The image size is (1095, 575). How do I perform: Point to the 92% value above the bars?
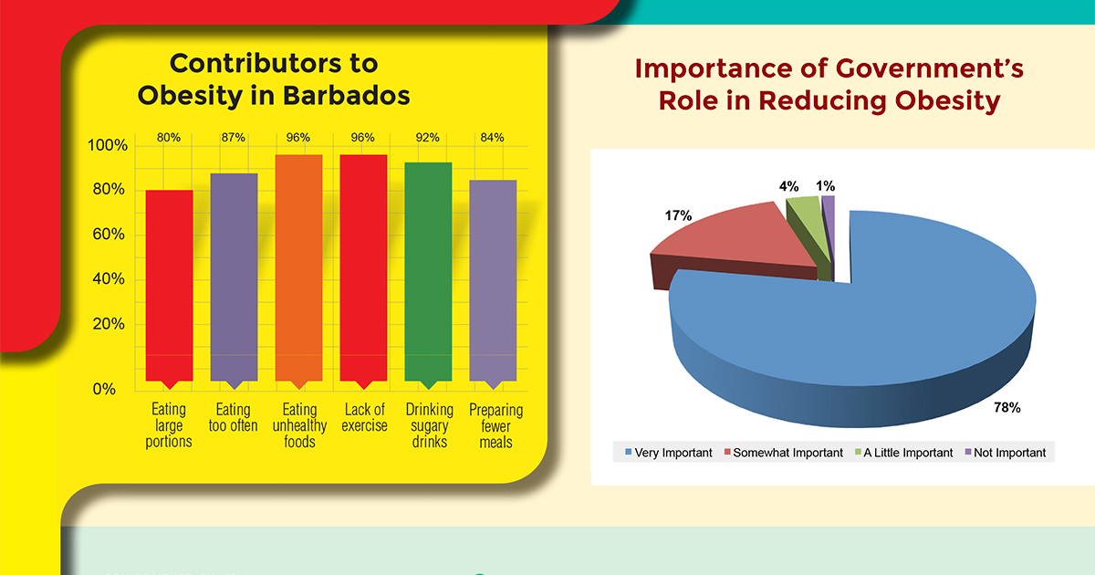pos(428,137)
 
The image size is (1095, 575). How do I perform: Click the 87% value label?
pos(234,137)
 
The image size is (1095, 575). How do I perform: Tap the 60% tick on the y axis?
pos(106,235)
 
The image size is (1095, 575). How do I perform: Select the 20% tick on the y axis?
pos(106,324)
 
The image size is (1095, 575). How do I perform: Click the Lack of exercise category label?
pos(364,417)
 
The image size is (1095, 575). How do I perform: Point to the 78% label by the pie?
pos(1006,407)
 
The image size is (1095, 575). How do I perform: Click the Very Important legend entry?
pos(667,453)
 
